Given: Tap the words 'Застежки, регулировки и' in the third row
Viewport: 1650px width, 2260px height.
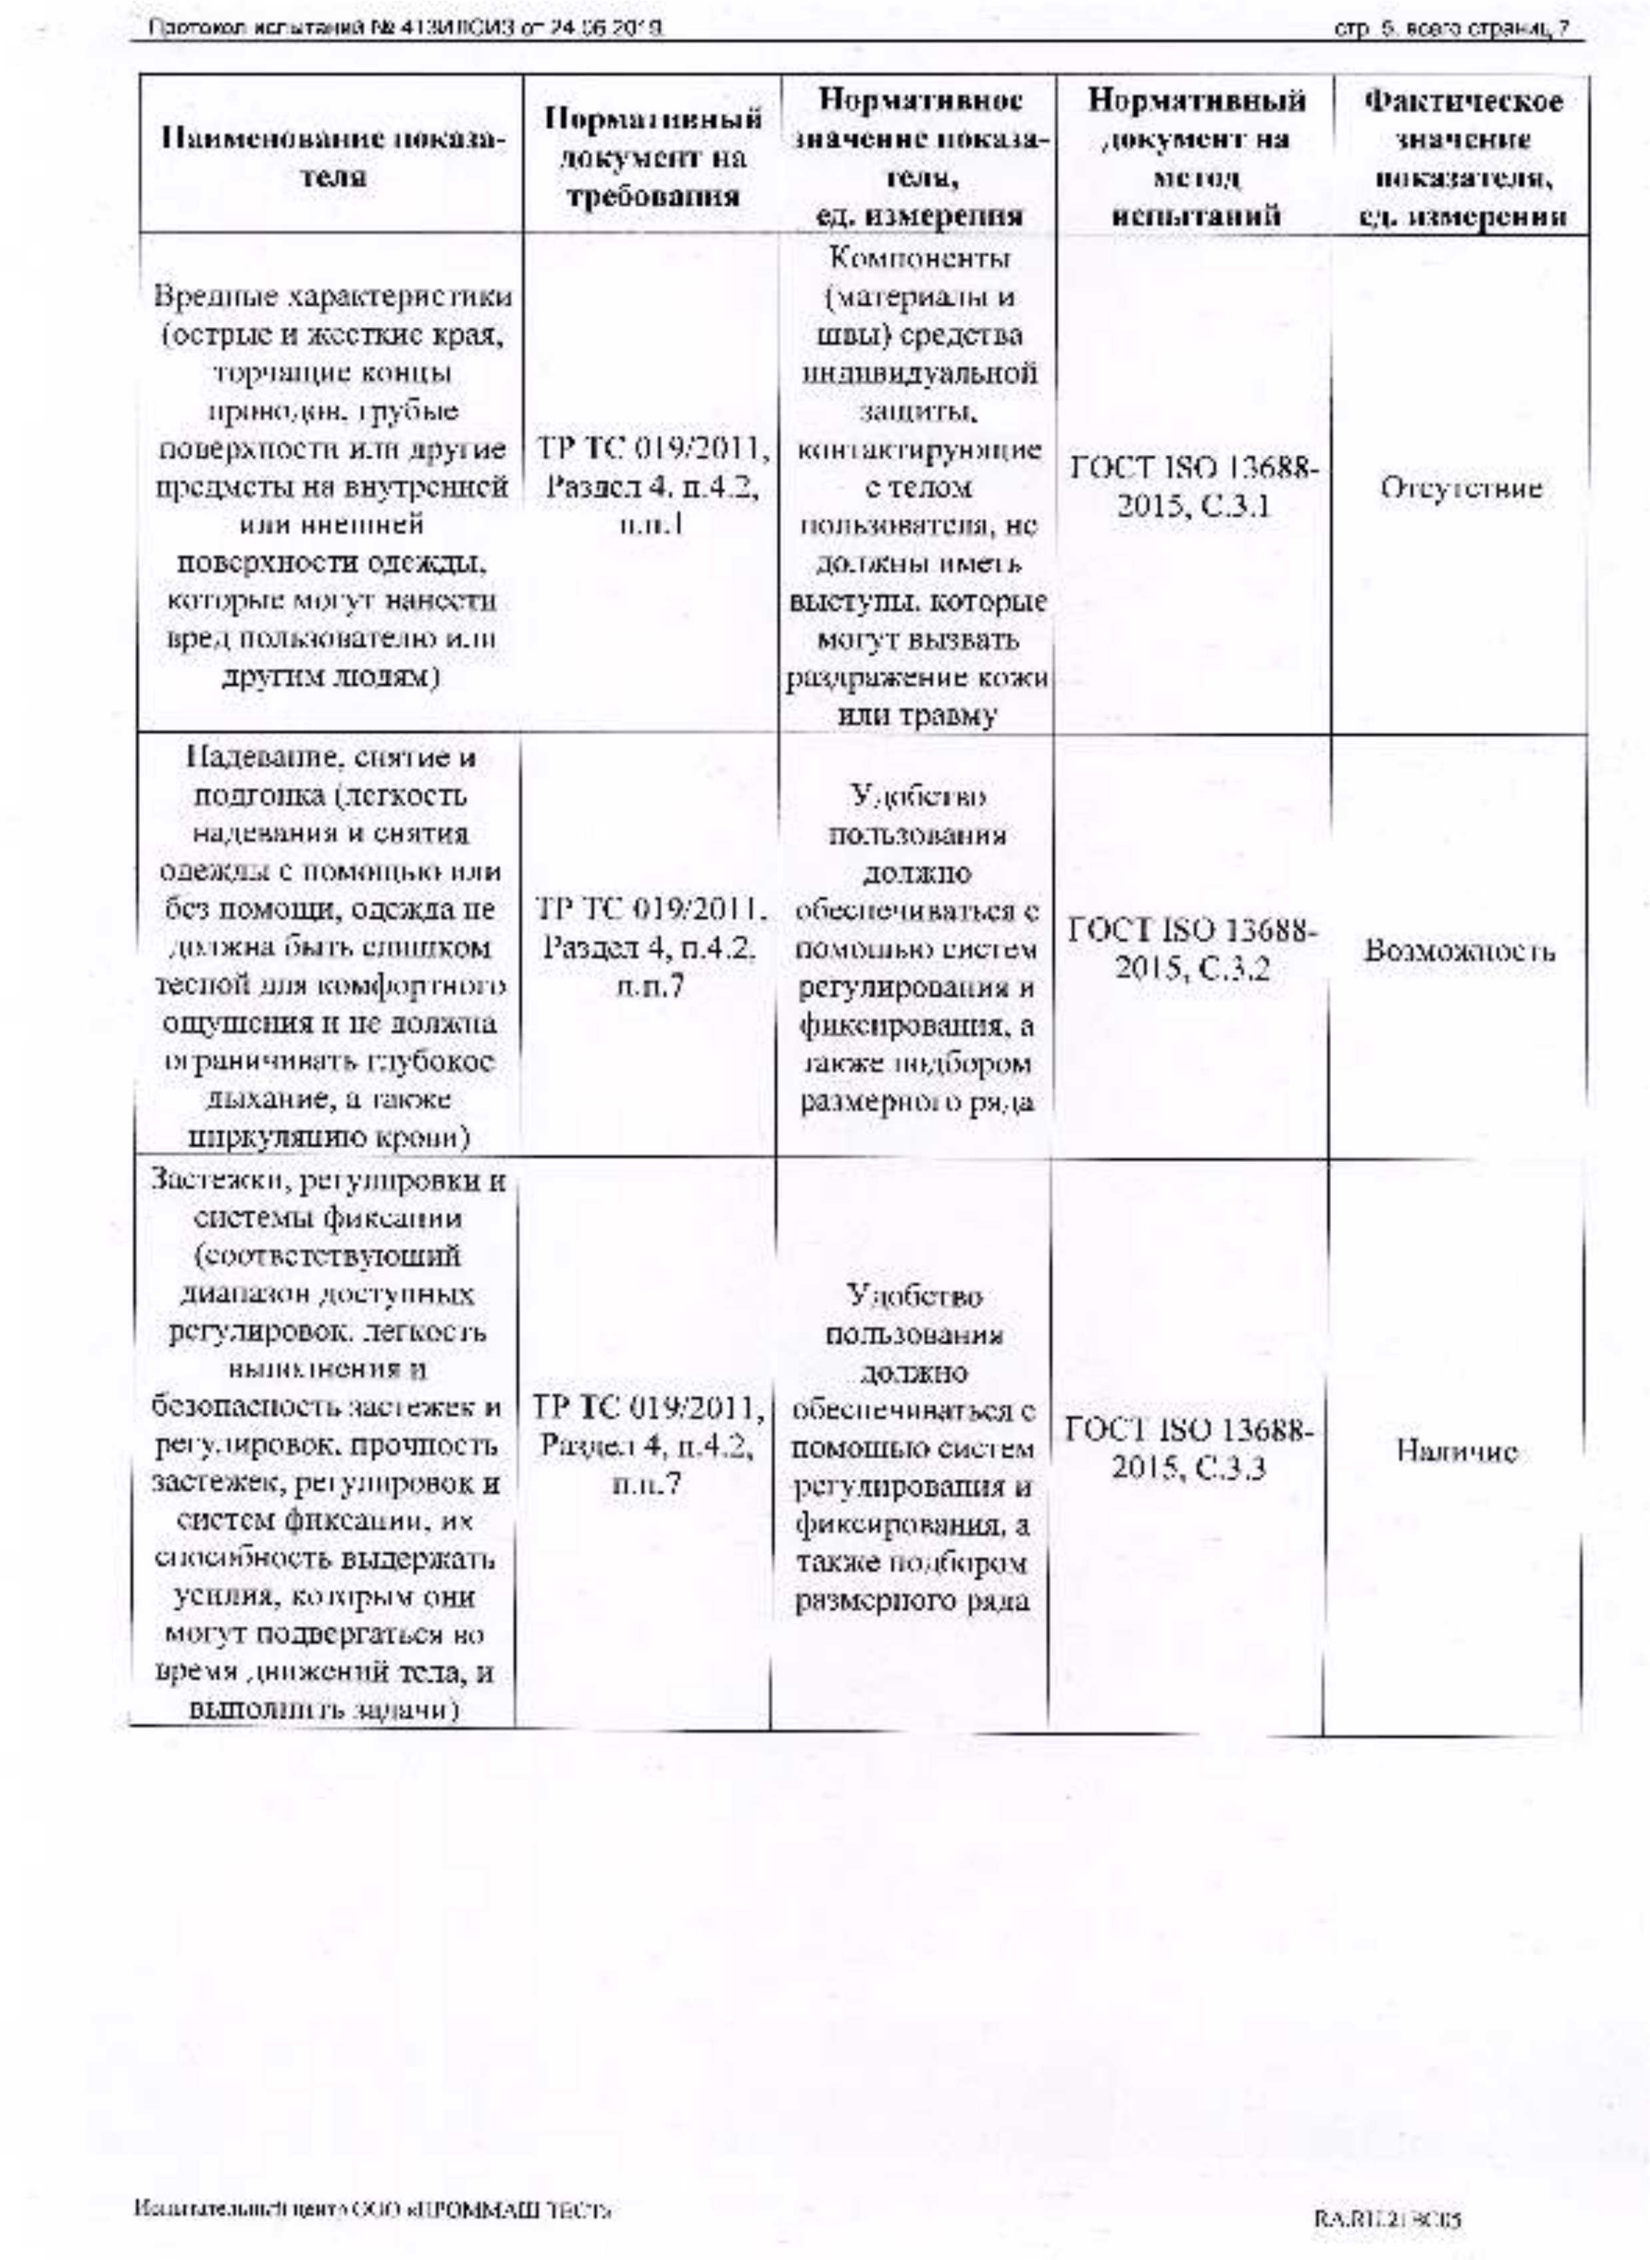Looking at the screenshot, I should point(330,1183).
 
